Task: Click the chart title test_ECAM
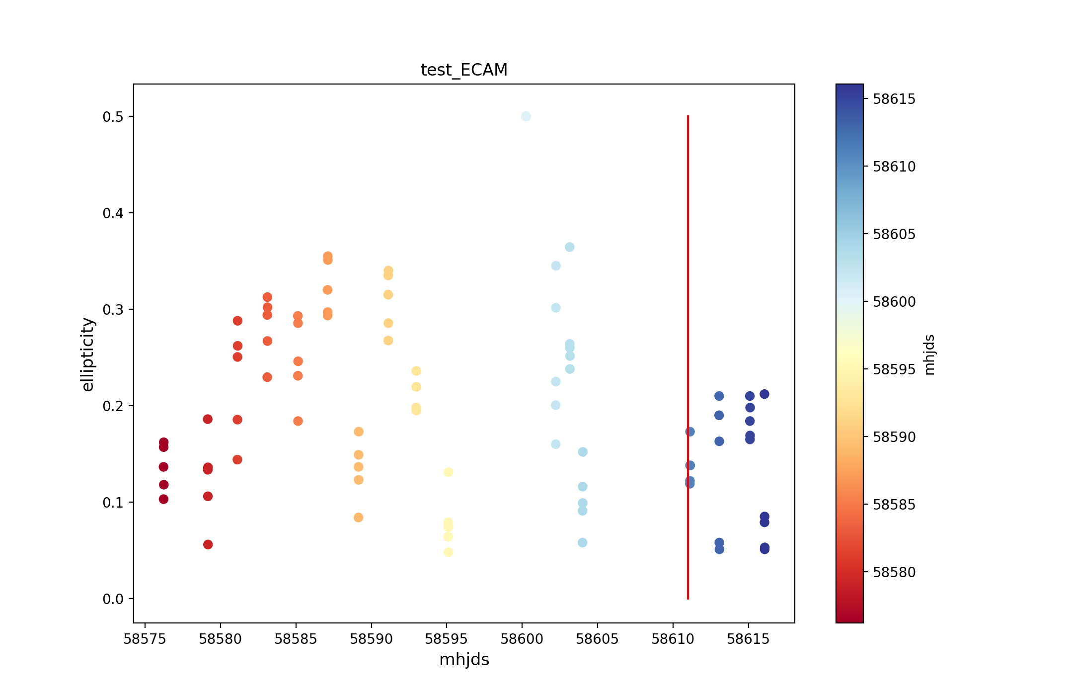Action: [x=464, y=70]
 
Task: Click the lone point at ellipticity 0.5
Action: [x=526, y=116]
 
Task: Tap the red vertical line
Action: [x=687, y=348]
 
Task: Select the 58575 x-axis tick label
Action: [x=145, y=639]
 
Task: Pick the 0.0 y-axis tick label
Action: [x=113, y=599]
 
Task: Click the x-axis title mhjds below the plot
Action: [x=464, y=660]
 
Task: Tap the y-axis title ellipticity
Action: [x=87, y=354]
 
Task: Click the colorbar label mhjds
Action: [x=929, y=354]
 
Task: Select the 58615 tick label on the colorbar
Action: [x=894, y=99]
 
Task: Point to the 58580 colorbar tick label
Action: [x=894, y=572]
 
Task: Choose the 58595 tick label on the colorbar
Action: [x=894, y=369]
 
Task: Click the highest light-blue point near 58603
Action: [x=570, y=247]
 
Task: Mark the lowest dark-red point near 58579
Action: [x=208, y=544]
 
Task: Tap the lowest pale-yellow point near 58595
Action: [x=448, y=552]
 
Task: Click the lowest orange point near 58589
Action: [x=359, y=518]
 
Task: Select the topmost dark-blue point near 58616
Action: [x=764, y=394]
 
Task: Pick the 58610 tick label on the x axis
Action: [x=673, y=639]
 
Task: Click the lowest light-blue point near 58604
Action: [x=583, y=542]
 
